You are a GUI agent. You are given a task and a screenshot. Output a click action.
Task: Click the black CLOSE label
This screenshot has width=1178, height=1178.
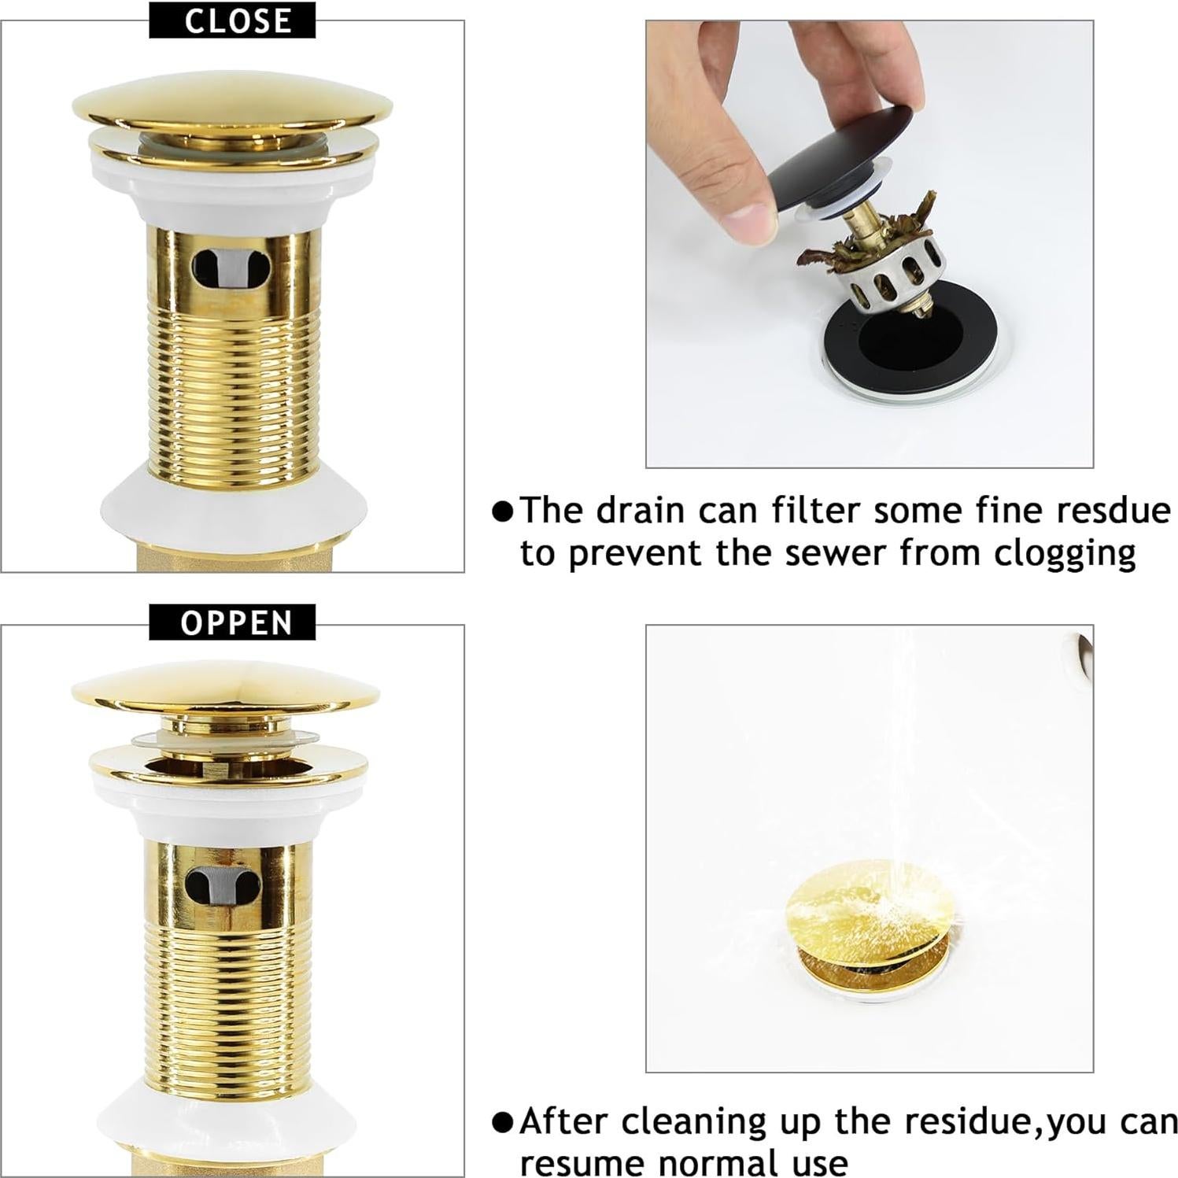coord(232,20)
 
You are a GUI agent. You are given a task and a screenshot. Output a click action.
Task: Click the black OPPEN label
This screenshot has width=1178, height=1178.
coord(232,622)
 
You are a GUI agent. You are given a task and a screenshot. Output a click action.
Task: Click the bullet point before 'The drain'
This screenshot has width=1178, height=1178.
coord(502,511)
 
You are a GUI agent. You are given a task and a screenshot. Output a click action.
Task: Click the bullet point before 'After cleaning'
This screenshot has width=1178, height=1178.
coord(502,1122)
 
